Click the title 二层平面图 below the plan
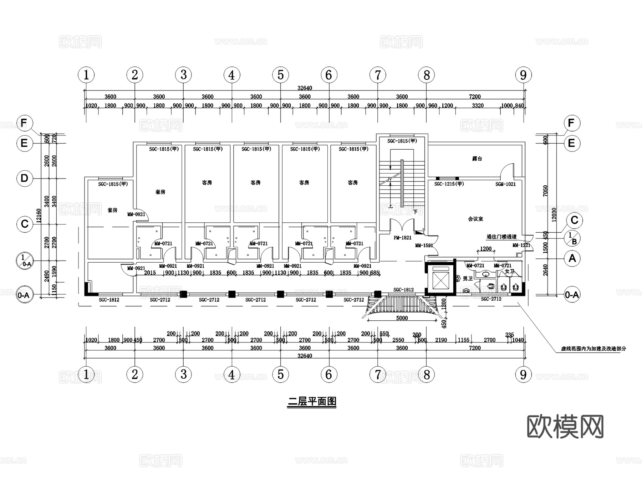tap(312, 402)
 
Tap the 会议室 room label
tap(475, 219)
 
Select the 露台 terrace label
tap(477, 159)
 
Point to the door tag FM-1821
tap(402, 238)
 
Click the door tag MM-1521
tap(424, 246)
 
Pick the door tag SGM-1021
tap(505, 184)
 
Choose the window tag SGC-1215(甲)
tap(449, 184)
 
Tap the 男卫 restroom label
tap(467, 279)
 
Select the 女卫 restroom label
tap(510, 272)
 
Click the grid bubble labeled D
tap(24, 178)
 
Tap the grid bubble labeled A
tap(572, 258)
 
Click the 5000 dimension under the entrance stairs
tap(402, 318)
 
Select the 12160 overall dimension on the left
tap(39, 216)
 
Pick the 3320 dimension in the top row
tap(478, 105)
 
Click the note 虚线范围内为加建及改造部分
tap(593, 349)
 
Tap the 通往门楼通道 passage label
tap(501, 237)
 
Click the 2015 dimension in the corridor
tap(150, 273)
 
